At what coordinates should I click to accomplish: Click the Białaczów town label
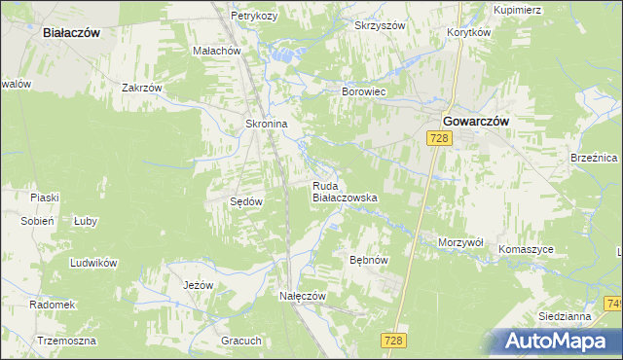(x=72, y=32)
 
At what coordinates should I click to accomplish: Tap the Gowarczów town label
(x=476, y=121)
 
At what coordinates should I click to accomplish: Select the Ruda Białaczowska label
(x=344, y=191)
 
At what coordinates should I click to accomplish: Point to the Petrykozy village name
(x=255, y=17)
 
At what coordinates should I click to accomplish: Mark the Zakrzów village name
(x=141, y=87)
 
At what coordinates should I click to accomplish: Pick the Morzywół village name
(x=461, y=241)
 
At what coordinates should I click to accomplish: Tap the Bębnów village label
(x=369, y=261)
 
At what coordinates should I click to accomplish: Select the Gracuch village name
(x=241, y=341)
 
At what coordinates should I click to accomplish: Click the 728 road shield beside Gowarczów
(x=439, y=139)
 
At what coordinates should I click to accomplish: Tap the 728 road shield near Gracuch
(x=393, y=340)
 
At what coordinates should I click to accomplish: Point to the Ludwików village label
(x=93, y=263)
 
